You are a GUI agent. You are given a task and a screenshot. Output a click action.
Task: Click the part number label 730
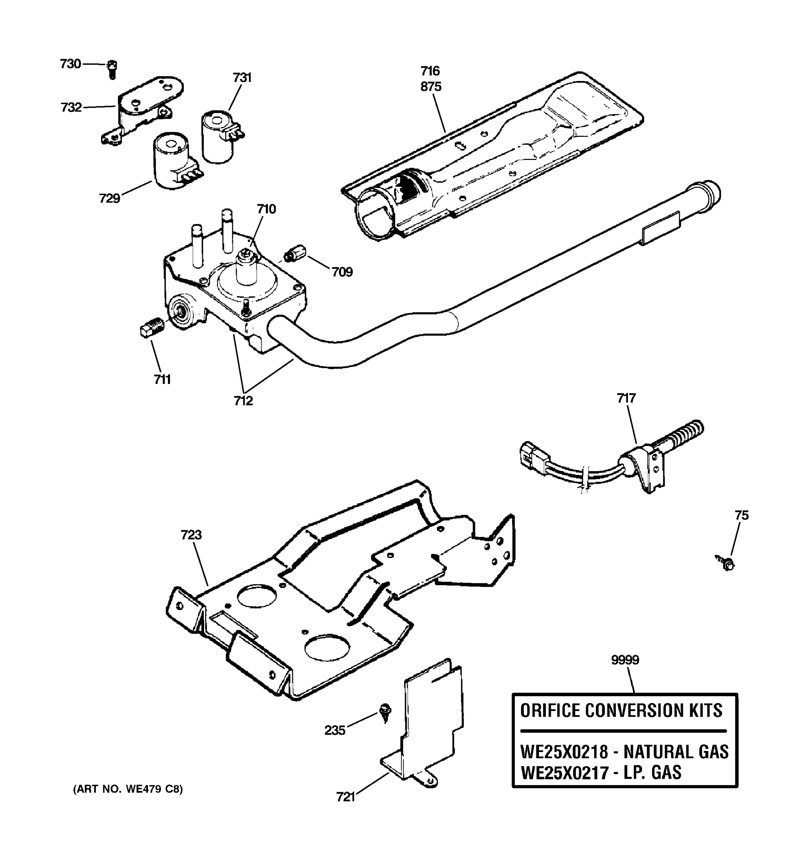70,64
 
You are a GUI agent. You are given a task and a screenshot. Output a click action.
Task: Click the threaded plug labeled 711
151,328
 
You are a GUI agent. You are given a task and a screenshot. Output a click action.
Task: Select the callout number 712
243,401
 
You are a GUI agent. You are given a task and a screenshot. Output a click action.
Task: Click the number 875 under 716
431,87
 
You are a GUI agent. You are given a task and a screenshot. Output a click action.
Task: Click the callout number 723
191,535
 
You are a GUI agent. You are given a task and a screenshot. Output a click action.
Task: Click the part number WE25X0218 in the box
564,752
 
